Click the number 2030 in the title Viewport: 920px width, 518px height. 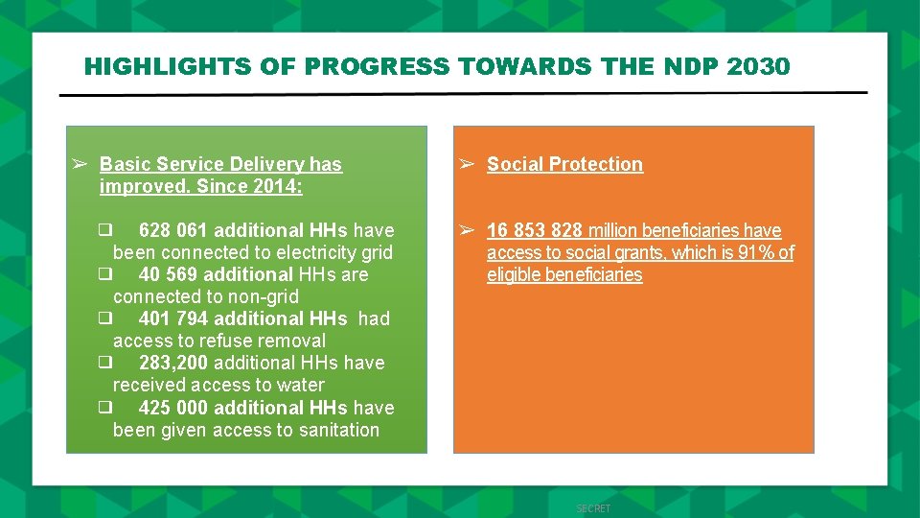(759, 66)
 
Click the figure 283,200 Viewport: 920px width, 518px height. (173, 363)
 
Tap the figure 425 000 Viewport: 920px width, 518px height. (173, 408)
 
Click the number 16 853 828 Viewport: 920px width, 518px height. (535, 230)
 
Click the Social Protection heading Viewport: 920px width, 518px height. (564, 164)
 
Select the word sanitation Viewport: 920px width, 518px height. (336, 430)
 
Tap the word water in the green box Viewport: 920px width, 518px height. (300, 385)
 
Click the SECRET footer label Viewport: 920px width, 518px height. (593, 508)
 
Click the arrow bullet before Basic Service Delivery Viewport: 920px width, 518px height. (80, 164)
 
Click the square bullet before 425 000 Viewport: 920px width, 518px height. (104, 408)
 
